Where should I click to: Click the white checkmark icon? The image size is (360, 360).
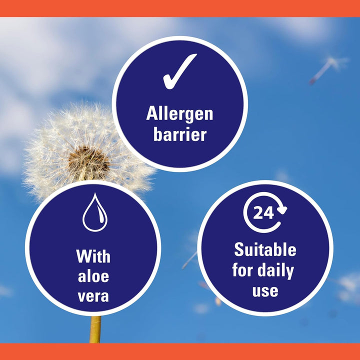(179, 71)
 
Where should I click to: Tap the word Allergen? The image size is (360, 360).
(179, 114)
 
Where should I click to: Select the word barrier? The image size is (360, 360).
(179, 134)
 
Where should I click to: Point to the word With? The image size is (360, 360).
(93, 257)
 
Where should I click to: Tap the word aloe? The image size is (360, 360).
(93, 276)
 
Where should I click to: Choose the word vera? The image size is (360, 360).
(93, 296)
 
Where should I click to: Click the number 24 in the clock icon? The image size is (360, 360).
(263, 213)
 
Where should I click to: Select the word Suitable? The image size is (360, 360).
(265, 249)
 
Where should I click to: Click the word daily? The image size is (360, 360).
(275, 270)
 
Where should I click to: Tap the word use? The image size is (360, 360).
(265, 291)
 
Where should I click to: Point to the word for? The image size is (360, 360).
(242, 270)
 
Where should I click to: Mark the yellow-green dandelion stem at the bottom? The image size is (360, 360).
(95, 330)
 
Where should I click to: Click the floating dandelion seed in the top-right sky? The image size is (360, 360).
(327, 67)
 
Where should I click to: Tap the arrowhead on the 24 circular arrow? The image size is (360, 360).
(282, 209)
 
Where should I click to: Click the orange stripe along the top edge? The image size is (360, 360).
(180, 8)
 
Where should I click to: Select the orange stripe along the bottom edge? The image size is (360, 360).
(180, 351)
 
